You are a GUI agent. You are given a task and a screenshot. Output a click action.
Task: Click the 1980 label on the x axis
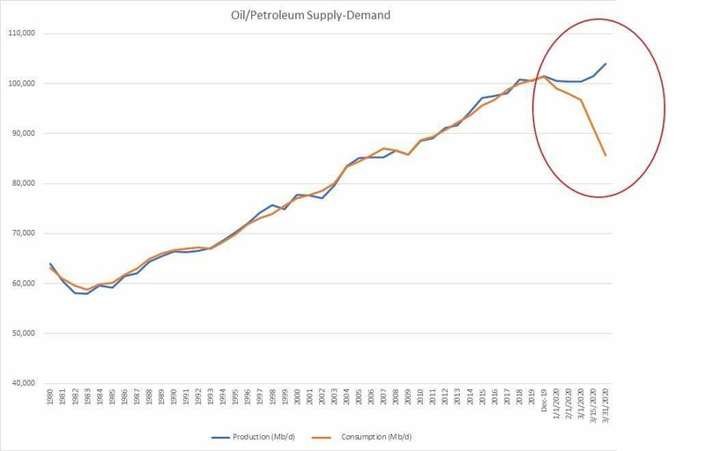[51, 399]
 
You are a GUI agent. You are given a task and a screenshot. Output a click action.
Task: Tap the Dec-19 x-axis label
[544, 399]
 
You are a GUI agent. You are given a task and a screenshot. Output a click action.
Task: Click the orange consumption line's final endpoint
[605, 156]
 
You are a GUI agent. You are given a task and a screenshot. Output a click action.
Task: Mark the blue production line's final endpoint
[605, 63]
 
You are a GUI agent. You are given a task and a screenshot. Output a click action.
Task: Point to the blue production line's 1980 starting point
[51, 263]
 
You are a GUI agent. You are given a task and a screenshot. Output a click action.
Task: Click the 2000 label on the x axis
[297, 399]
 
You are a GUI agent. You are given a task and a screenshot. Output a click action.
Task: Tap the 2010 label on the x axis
[420, 399]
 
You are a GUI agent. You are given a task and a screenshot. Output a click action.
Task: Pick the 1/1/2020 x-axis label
[556, 403]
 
